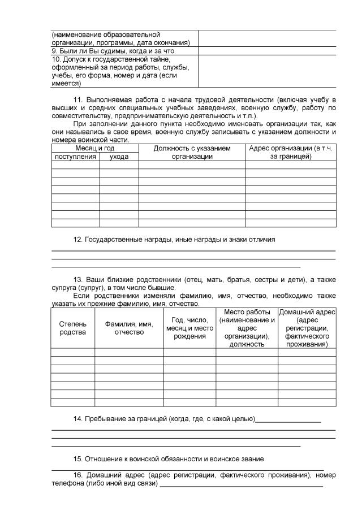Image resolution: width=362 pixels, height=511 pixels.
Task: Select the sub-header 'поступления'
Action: click(75, 157)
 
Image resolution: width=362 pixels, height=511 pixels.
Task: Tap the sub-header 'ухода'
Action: click(119, 157)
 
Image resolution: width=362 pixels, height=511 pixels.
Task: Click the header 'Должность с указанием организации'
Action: click(192, 152)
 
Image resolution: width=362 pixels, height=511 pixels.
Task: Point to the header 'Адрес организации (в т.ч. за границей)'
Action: click(290, 152)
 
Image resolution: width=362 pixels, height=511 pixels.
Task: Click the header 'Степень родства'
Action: click(72, 328)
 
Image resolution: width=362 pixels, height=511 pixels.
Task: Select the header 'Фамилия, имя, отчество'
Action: click(129, 328)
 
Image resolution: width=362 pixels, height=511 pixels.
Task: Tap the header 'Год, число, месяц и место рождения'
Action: click(189, 328)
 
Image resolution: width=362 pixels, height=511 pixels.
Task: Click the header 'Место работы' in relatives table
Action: click(247, 328)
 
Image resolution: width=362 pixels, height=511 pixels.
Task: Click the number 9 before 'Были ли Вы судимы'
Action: click(54, 50)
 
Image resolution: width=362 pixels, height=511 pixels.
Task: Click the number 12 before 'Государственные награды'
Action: click(78, 240)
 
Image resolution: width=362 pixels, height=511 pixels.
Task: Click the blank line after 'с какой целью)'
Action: click(288, 420)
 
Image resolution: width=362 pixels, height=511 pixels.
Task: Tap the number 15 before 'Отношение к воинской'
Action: click(78, 458)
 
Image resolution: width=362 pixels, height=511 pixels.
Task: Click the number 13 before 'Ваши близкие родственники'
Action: click(78, 280)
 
